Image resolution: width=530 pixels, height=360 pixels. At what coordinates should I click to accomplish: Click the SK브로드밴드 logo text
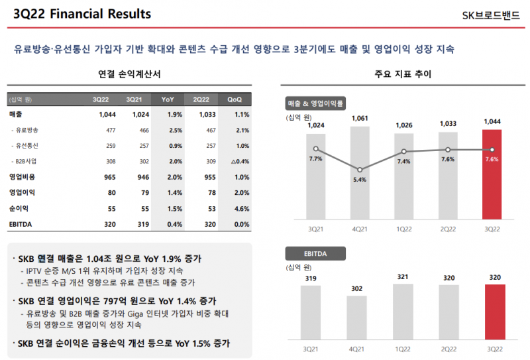coord(492,15)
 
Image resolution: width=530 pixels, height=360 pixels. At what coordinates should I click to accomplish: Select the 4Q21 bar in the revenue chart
coord(360,172)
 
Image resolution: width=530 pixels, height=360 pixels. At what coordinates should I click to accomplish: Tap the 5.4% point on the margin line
coord(360,170)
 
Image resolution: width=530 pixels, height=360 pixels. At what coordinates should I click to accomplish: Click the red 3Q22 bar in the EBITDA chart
coord(495,312)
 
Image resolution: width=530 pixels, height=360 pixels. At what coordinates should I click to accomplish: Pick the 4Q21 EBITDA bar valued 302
coord(356,318)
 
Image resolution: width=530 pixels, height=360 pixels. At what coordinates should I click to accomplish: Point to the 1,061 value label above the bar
coord(360,119)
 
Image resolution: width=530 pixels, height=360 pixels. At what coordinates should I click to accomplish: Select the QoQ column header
coord(235,99)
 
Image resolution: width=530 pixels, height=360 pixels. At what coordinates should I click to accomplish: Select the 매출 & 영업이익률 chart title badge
coord(317,103)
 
